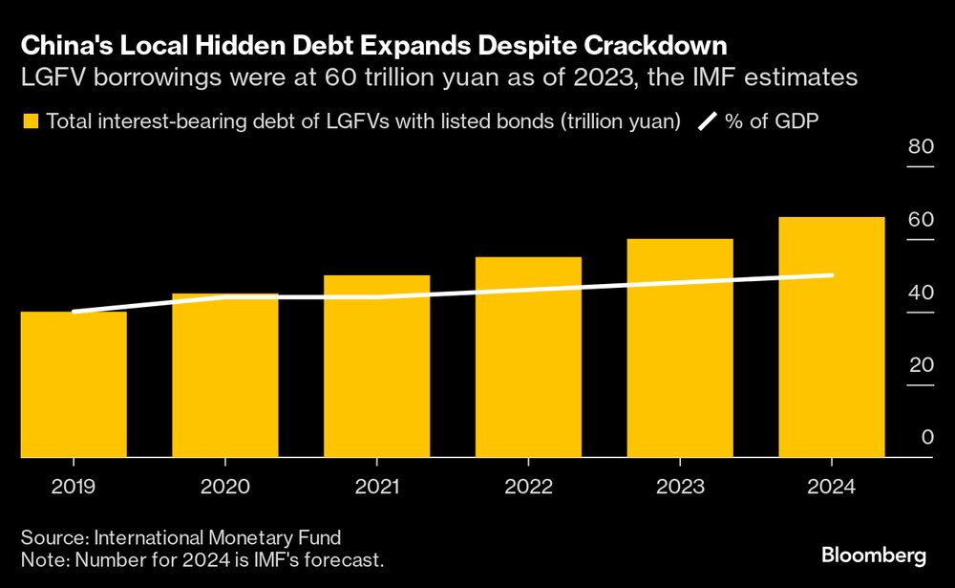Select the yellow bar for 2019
(74, 384)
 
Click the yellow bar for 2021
(376, 366)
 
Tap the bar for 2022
(528, 358)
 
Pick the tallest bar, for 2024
(831, 338)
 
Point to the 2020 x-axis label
(224, 486)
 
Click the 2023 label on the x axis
(680, 486)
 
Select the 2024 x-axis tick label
(831, 486)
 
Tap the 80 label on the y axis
(920, 147)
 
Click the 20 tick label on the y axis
(920, 365)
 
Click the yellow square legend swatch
(31, 121)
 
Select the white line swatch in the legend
(708, 121)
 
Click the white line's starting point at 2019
(74, 312)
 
